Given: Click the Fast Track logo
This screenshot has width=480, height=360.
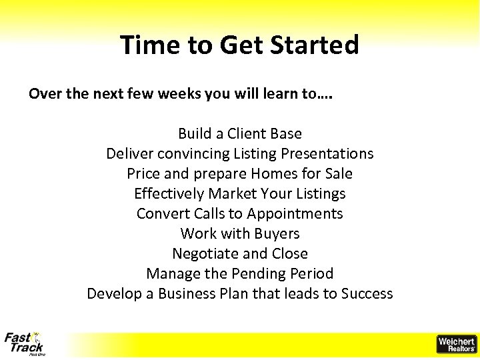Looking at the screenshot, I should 25,344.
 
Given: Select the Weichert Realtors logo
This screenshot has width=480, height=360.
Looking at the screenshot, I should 456,344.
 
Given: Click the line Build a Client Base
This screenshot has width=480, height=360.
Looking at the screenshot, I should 240,133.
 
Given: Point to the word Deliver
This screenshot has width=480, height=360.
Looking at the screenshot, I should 129,153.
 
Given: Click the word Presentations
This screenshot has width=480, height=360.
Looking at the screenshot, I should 327,153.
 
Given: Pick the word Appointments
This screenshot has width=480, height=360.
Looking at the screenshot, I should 295,213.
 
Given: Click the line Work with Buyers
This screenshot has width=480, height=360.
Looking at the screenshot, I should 240,233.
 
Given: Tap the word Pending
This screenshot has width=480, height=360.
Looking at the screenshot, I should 259,273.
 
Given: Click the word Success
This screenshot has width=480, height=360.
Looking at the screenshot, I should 367,293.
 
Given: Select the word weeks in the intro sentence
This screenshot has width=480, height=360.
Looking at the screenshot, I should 181,94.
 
